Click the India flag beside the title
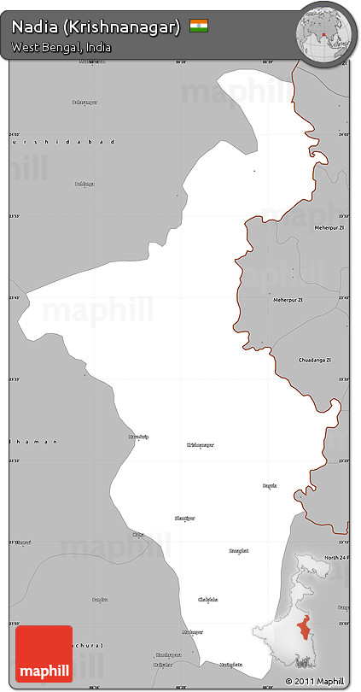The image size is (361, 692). [x=199, y=26]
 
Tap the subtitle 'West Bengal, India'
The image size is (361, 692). [x=61, y=48]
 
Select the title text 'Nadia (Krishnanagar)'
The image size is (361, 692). [x=96, y=27]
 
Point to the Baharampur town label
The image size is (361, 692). [x=84, y=103]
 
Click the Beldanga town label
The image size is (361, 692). [x=84, y=184]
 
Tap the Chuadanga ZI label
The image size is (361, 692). [x=312, y=360]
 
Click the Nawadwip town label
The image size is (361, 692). [x=138, y=437]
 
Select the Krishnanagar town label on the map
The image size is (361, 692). [x=201, y=445]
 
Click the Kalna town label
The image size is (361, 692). [x=138, y=535]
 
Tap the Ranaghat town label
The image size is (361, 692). [x=239, y=551]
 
